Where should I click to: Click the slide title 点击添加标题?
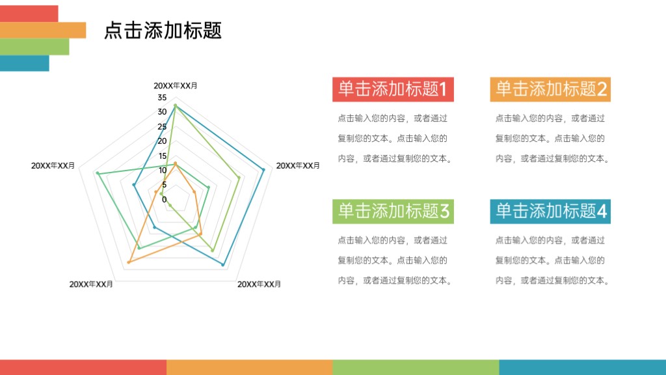(x=163, y=30)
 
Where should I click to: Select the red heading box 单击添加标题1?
(x=393, y=89)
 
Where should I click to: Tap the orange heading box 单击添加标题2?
(x=550, y=89)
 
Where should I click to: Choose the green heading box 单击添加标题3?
(x=393, y=211)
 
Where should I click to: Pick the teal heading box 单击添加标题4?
(x=550, y=211)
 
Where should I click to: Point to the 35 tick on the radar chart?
(x=162, y=98)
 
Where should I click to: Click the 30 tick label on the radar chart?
(x=162, y=112)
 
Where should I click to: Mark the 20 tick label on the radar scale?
(x=162, y=141)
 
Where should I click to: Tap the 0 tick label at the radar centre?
(x=164, y=199)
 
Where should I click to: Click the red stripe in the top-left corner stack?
(x=29, y=13)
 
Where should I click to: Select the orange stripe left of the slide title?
(x=42, y=30)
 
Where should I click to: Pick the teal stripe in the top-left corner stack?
(x=24, y=63)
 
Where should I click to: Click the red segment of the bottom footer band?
(x=83, y=367)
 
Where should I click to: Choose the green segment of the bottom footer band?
(x=416, y=367)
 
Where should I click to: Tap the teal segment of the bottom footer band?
(x=583, y=367)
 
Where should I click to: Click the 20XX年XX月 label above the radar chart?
(x=176, y=86)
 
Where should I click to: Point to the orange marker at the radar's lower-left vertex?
(x=129, y=262)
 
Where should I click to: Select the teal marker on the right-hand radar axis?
(x=263, y=170)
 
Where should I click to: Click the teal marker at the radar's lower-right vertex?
(x=223, y=265)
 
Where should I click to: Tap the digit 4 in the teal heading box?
(x=602, y=211)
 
